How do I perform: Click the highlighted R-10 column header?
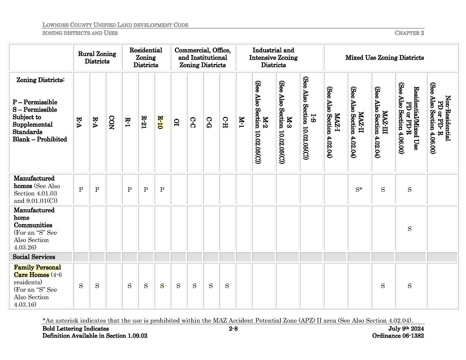click(x=160, y=123)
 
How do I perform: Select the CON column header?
click(x=111, y=123)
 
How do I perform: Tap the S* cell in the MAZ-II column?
click(x=359, y=190)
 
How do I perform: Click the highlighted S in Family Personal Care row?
click(x=162, y=286)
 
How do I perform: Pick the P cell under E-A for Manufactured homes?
click(x=81, y=190)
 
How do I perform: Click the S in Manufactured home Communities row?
click(x=409, y=229)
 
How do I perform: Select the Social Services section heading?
click(x=34, y=257)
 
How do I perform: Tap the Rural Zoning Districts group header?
click(x=97, y=58)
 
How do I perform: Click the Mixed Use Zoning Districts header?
click(x=384, y=58)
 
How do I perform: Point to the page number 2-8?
click(x=233, y=329)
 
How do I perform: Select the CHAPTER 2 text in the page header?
click(x=409, y=33)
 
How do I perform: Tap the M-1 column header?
click(x=241, y=123)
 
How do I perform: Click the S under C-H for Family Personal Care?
click(x=227, y=286)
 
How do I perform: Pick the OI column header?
click(x=177, y=123)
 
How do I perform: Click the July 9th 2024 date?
click(x=406, y=329)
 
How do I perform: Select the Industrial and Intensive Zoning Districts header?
click(x=273, y=58)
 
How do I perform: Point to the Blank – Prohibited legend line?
click(x=40, y=139)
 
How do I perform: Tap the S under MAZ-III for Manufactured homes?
click(x=383, y=190)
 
